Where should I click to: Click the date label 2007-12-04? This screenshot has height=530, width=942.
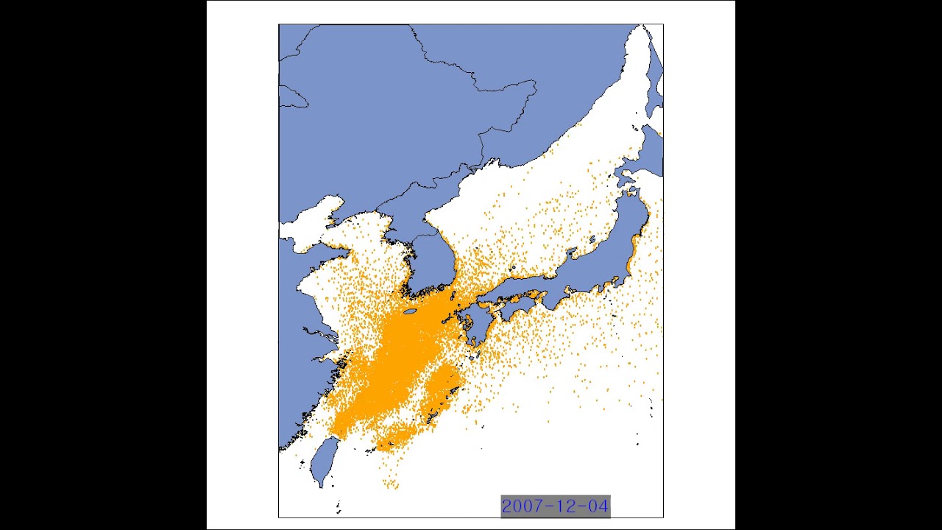click(x=555, y=506)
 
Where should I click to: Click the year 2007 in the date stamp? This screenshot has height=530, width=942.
click(x=522, y=506)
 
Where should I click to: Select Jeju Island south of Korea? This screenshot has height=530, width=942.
click(x=410, y=312)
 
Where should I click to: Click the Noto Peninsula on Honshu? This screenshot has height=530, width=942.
click(x=573, y=255)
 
